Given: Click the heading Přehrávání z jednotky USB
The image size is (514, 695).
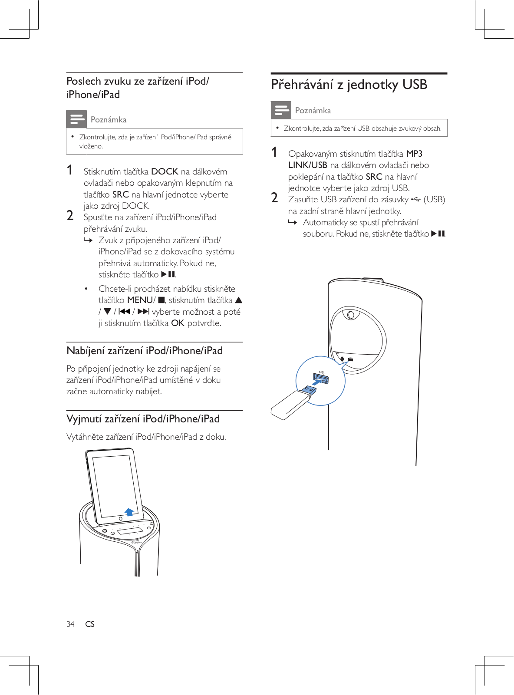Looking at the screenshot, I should (x=349, y=85).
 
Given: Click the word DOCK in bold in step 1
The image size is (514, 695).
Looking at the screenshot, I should (x=165, y=171).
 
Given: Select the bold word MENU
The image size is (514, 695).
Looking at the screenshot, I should (x=140, y=300).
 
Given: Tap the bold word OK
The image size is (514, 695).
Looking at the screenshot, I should (x=178, y=323).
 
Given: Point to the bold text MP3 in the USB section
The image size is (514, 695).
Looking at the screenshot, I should (x=414, y=154).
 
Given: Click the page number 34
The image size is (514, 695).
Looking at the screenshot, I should (x=70, y=624).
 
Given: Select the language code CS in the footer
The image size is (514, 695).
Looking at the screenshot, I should (x=90, y=624).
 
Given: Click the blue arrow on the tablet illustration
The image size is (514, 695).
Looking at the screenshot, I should (x=129, y=512).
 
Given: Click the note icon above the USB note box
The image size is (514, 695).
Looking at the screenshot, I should (x=281, y=110).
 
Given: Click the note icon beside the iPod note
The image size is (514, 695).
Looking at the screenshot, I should (x=76, y=119).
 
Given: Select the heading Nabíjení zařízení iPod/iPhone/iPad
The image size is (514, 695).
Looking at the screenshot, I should (x=145, y=351).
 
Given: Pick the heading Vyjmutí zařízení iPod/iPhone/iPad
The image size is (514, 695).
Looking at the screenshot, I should (x=143, y=419).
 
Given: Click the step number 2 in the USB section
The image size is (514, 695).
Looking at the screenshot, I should (x=274, y=198).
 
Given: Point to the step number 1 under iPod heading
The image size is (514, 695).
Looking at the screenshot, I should (x=69, y=170).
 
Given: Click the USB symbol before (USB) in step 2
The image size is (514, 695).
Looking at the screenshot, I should (x=415, y=199).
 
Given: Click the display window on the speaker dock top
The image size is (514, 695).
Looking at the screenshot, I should (x=130, y=531).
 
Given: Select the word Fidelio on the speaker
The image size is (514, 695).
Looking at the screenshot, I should (x=137, y=543).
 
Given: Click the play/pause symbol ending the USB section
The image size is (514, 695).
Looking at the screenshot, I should (x=438, y=234).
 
